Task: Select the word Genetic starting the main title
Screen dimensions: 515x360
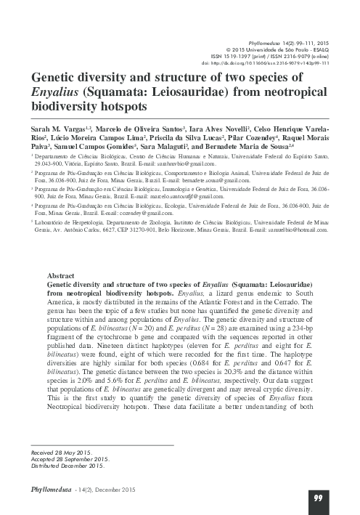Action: (x=53, y=76)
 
